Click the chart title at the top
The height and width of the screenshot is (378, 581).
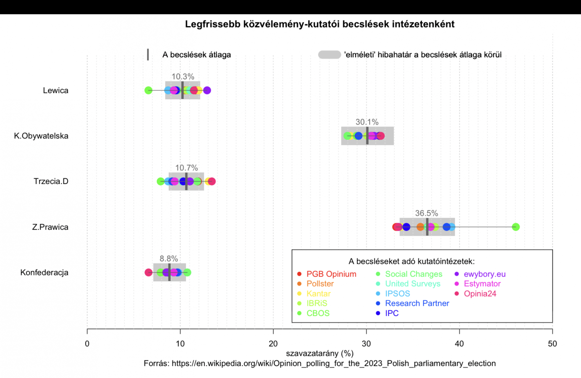320,24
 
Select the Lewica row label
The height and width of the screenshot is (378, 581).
55,90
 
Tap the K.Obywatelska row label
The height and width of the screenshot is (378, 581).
41,136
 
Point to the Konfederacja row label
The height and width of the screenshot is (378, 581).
44,273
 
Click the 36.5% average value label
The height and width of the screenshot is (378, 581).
426,213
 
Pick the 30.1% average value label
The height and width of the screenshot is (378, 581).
367,122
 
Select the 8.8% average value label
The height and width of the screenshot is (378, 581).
168,259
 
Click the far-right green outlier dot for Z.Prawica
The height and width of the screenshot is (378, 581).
516,227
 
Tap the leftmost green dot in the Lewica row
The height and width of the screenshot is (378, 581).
148,90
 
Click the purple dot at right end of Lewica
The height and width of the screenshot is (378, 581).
207,90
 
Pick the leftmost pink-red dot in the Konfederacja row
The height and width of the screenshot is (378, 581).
148,272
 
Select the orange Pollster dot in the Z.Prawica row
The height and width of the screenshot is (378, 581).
420,227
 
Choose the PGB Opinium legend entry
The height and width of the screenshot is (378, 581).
331,274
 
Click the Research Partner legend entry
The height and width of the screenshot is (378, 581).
417,303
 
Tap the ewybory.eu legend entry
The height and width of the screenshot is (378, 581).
485,274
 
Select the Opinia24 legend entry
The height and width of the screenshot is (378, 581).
480,294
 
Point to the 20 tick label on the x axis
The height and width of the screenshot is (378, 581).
273,344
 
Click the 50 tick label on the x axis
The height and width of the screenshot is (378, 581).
552,344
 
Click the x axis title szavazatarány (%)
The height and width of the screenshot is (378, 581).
320,354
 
